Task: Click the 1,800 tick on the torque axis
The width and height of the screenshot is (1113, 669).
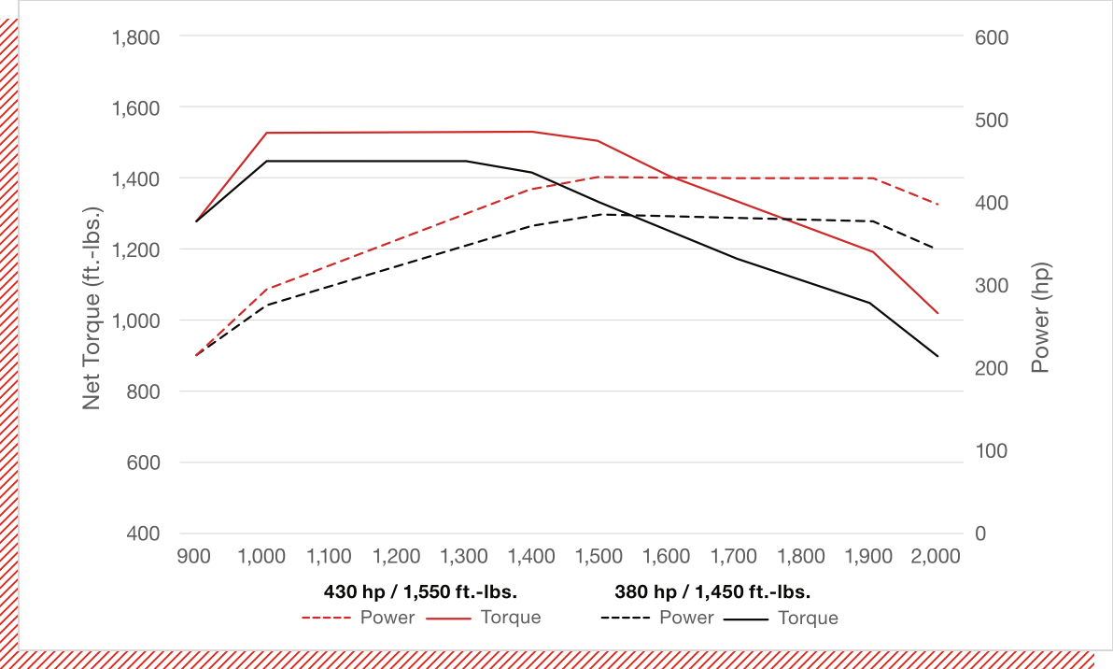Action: coord(135,37)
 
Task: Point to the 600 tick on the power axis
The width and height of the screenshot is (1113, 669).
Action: coord(991,37)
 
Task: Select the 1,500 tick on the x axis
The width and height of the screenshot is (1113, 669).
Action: coord(599,557)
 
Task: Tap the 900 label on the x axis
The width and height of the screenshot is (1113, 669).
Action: coord(194,557)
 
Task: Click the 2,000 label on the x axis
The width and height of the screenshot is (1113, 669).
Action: coord(937,557)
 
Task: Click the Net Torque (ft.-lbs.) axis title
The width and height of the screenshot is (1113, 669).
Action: coord(92,306)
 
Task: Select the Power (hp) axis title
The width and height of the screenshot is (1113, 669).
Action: coord(1041,319)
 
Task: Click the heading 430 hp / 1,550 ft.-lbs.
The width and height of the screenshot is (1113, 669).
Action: coord(420,591)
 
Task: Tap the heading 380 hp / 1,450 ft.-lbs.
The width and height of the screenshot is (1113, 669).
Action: coord(711,591)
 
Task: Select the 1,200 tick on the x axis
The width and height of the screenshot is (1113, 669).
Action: coord(397,557)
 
